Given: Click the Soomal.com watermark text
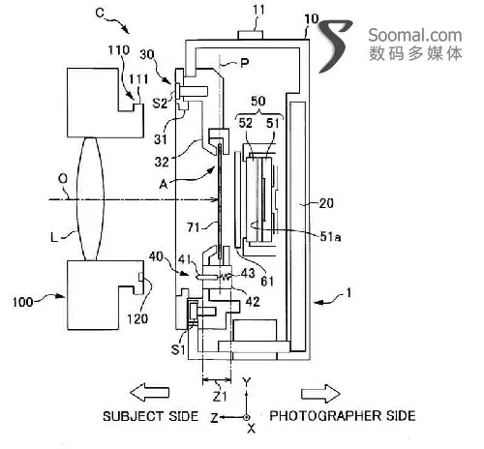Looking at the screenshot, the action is (x=415, y=35).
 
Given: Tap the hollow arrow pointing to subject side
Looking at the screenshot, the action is (x=149, y=392).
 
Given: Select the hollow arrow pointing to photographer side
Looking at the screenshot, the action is (x=320, y=394).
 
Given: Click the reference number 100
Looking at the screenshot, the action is (x=22, y=302).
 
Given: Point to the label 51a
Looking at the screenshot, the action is (x=330, y=237).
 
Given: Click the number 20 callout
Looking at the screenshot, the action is (x=326, y=203).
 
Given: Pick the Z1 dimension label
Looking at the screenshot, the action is (x=220, y=396).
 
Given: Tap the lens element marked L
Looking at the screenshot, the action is (x=90, y=199).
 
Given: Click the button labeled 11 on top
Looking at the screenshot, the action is (x=251, y=35).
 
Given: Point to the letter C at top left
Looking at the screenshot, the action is (x=100, y=13).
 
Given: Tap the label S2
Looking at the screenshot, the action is (x=160, y=103).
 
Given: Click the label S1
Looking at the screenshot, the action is (x=178, y=349).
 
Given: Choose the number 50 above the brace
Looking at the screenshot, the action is (x=258, y=101).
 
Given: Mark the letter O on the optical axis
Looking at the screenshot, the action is (x=63, y=178).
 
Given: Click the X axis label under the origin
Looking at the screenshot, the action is (x=251, y=429).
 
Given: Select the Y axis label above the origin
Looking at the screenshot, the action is (x=247, y=382).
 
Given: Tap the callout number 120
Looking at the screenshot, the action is (x=137, y=318).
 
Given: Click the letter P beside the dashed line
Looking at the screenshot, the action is (x=245, y=63).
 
